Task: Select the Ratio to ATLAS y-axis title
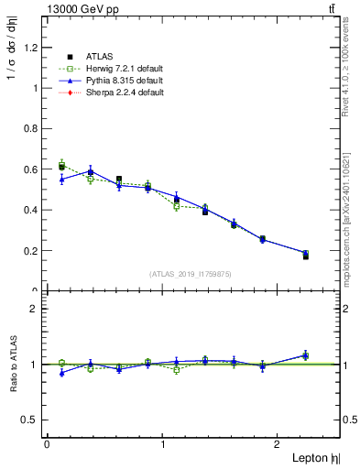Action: pos(15,365)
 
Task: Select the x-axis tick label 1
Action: pos(163,444)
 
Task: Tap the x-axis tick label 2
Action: pos(281,444)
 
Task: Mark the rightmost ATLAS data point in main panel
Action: pos(305,256)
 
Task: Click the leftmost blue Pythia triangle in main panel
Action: pos(61,180)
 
